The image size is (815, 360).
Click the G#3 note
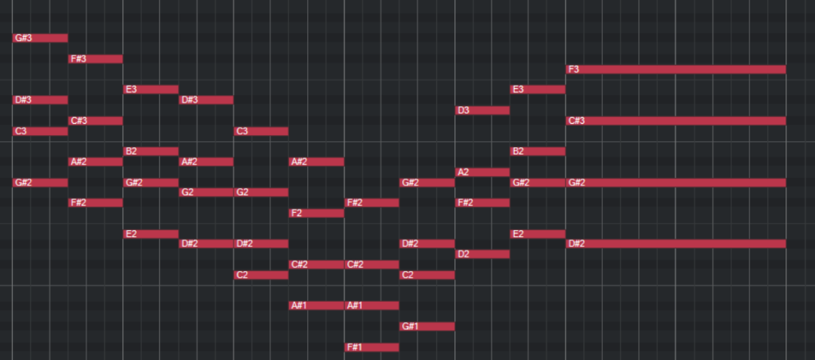[41, 38]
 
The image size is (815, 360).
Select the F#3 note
[96, 59]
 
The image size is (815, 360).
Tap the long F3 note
[675, 69]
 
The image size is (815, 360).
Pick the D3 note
[483, 110]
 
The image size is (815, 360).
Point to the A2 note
[483, 172]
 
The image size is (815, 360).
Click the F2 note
[317, 213]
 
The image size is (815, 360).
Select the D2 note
[483, 254]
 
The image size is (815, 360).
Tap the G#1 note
[427, 326]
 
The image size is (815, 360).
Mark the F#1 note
[372, 347]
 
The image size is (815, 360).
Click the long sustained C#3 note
[675, 121]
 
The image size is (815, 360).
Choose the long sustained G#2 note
[675, 183]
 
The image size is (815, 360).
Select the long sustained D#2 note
[675, 243]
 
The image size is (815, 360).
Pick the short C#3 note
[96, 121]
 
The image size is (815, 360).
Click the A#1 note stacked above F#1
[372, 305]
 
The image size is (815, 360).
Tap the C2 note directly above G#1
[427, 275]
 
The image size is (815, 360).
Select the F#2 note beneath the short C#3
[96, 202]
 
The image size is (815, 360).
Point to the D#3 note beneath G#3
[41, 100]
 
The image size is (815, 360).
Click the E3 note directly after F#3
[151, 89]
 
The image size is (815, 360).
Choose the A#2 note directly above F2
[317, 162]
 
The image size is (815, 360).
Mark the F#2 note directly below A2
[483, 202]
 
